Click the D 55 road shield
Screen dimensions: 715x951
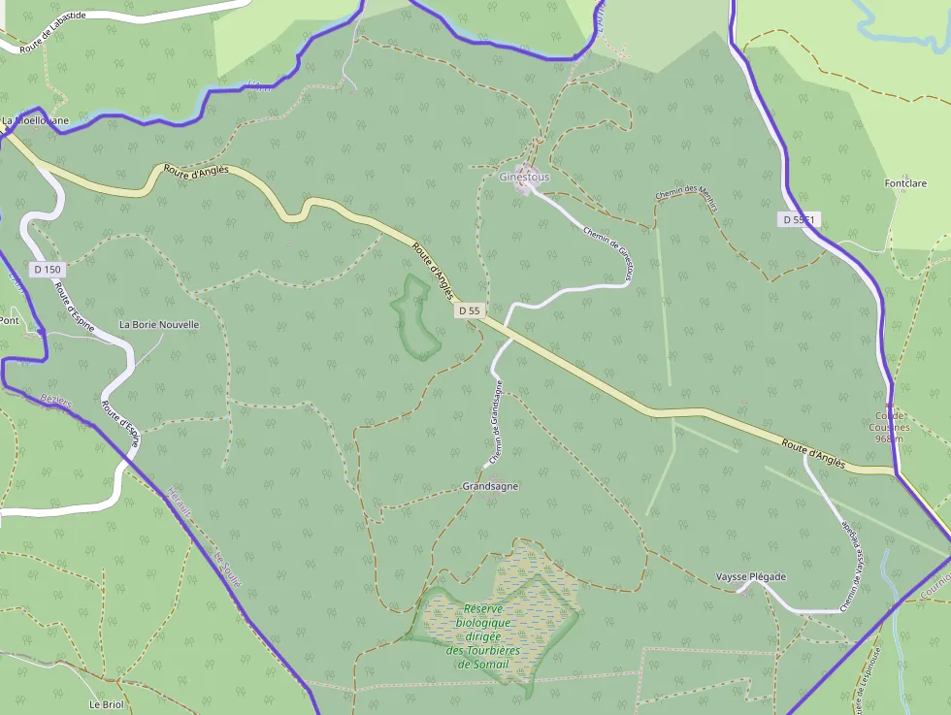coord(469,310)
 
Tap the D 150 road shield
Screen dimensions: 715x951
coord(47,269)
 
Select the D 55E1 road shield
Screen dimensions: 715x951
coord(800,220)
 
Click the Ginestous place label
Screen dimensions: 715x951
coord(524,178)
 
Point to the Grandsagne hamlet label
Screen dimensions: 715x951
coord(490,486)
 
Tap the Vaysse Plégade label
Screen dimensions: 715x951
coord(750,576)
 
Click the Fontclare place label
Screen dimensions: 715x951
coord(906,183)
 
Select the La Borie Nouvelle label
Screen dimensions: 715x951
coord(158,324)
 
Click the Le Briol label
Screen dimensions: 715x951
coord(107,704)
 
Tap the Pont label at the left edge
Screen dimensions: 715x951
coord(10,320)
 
